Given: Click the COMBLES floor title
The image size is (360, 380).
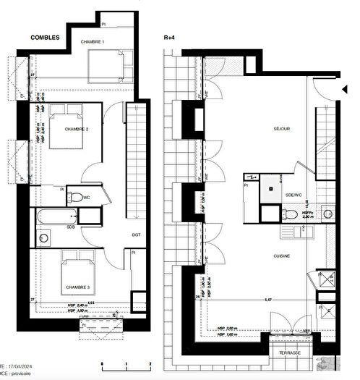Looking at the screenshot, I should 45,36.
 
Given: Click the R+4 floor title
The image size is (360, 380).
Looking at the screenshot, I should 169,36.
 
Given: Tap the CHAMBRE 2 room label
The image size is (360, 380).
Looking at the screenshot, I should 76,129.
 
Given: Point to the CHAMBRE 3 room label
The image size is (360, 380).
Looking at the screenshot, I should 77,287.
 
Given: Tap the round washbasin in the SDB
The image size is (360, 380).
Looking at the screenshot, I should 43,237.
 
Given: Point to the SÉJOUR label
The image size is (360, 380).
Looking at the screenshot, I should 281,129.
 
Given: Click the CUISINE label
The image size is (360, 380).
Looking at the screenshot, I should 281,256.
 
